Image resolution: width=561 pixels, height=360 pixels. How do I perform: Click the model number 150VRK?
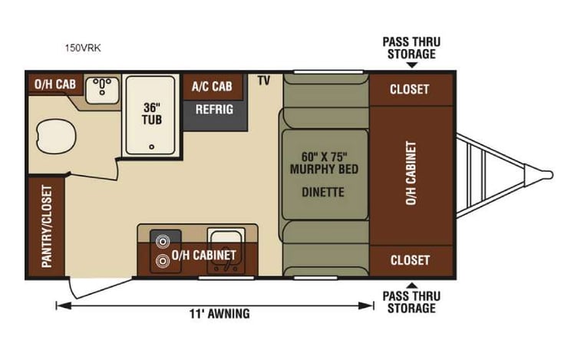(84, 48)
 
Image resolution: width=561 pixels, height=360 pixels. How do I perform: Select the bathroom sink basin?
(100, 91)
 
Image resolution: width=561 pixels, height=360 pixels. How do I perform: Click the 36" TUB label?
(151, 114)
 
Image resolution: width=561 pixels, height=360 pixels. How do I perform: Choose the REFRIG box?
(214, 110)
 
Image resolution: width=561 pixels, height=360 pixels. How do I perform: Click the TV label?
(264, 81)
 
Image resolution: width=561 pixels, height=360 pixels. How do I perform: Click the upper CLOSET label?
(409, 89)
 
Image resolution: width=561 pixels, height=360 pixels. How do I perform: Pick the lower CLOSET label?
(409, 260)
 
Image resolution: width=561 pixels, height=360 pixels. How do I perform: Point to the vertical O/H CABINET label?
(411, 173)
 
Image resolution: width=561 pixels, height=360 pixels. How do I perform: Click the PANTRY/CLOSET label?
(46, 226)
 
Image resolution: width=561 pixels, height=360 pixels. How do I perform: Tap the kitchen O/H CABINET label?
(203, 255)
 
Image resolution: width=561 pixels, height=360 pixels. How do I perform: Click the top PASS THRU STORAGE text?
(411, 48)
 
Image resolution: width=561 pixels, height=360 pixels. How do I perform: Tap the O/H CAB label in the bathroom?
(54, 84)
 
